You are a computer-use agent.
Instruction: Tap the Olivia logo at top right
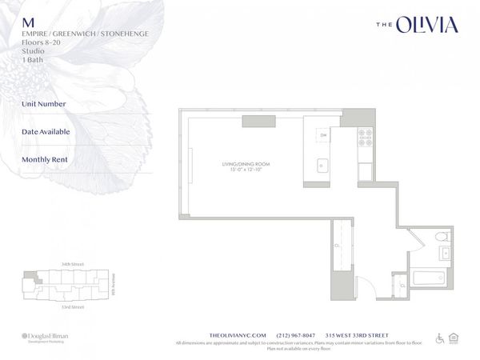tap(417, 26)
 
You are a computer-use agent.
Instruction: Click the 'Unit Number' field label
tap(44, 103)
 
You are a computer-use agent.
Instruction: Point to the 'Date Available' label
tap(46, 131)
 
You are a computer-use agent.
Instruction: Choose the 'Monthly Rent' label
tap(45, 159)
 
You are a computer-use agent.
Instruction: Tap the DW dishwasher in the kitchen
tap(323, 135)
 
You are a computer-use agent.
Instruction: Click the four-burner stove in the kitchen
tap(365, 137)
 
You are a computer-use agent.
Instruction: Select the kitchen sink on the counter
tap(322, 166)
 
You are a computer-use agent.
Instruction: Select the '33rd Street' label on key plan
tap(61, 307)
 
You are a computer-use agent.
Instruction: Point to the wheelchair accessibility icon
tap(439, 338)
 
